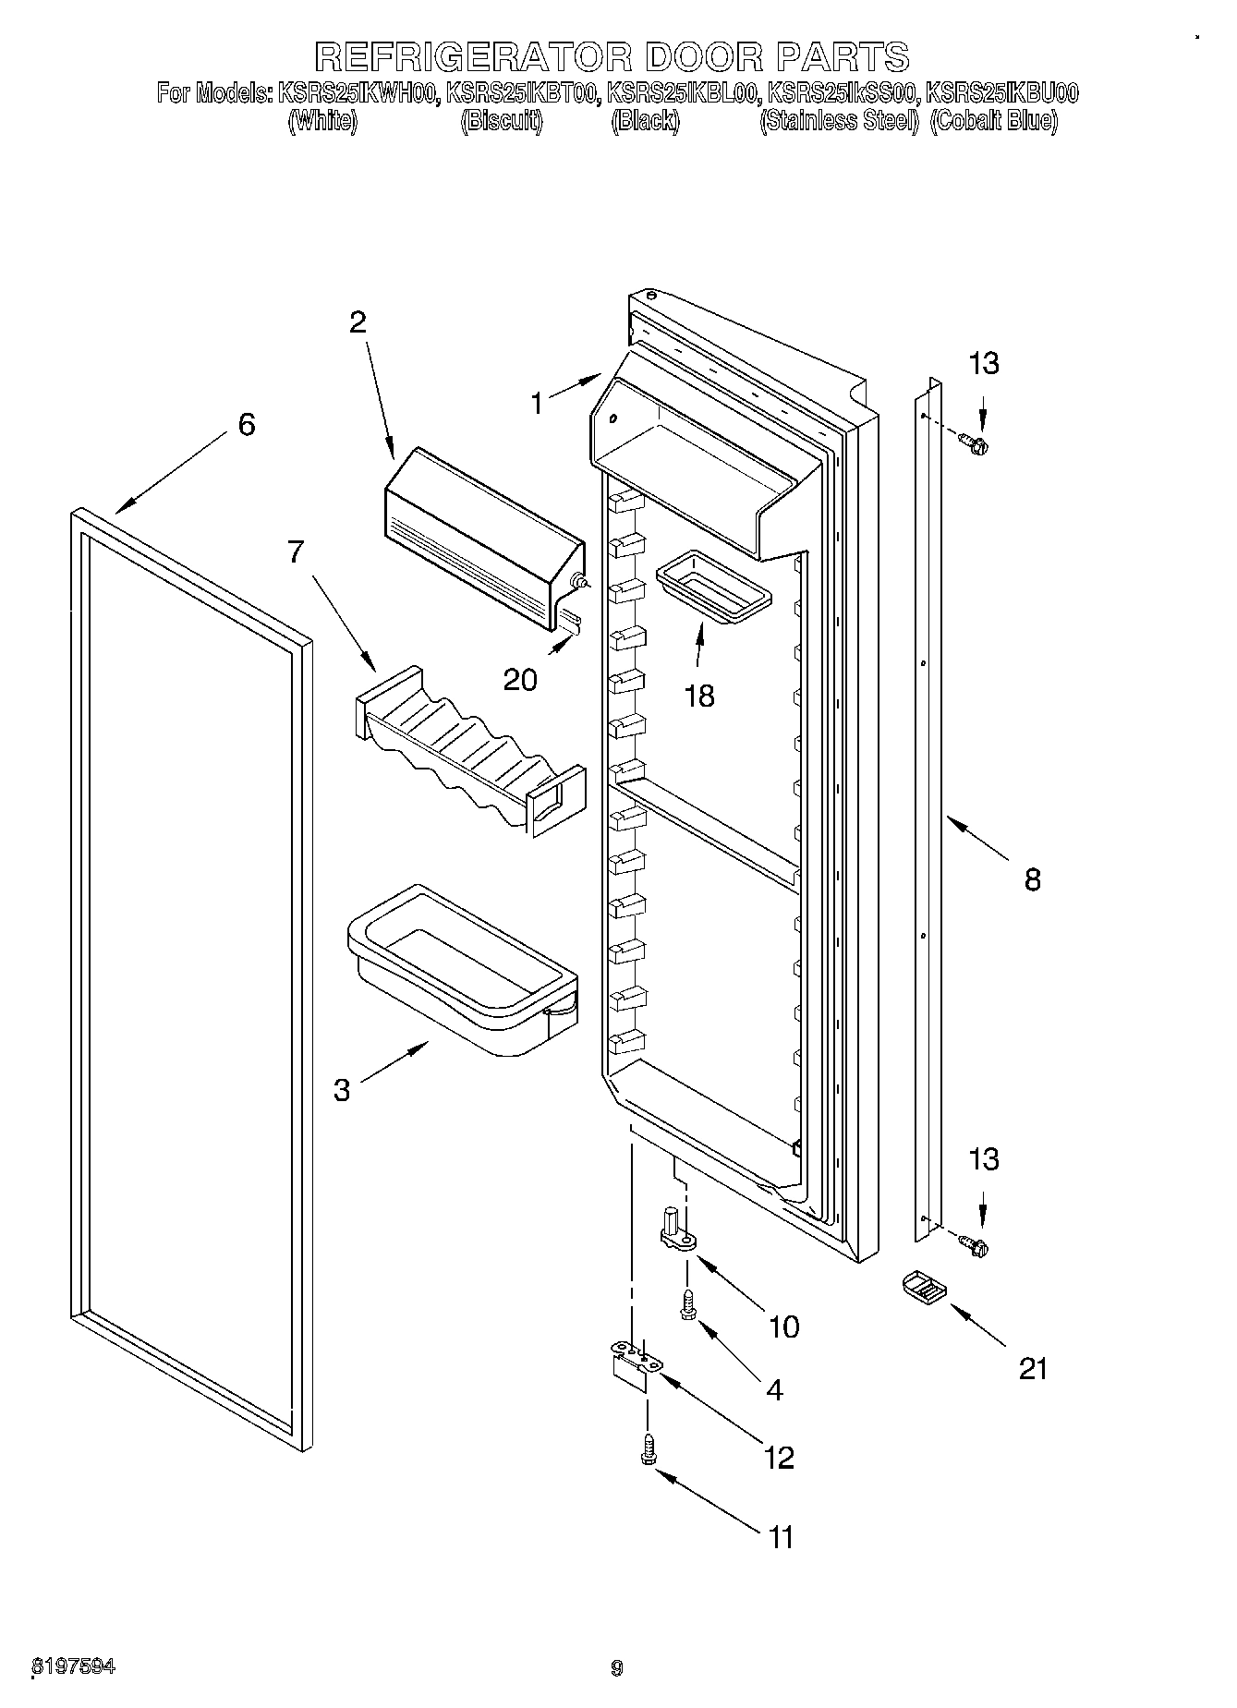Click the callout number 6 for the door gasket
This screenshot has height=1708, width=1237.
coord(246,425)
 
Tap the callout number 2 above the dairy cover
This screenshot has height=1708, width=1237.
coord(358,322)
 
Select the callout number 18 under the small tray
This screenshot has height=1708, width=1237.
coord(700,696)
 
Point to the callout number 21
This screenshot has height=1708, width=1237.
coord(1033,1368)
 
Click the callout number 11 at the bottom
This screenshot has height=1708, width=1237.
coord(782,1537)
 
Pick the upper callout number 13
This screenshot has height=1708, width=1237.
coord(984,364)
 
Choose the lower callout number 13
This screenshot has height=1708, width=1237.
coord(984,1159)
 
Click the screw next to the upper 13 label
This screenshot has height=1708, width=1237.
coord(974,444)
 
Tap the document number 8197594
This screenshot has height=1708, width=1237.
coord(74,1667)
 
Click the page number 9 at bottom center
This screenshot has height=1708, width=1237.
coord(617,1667)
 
